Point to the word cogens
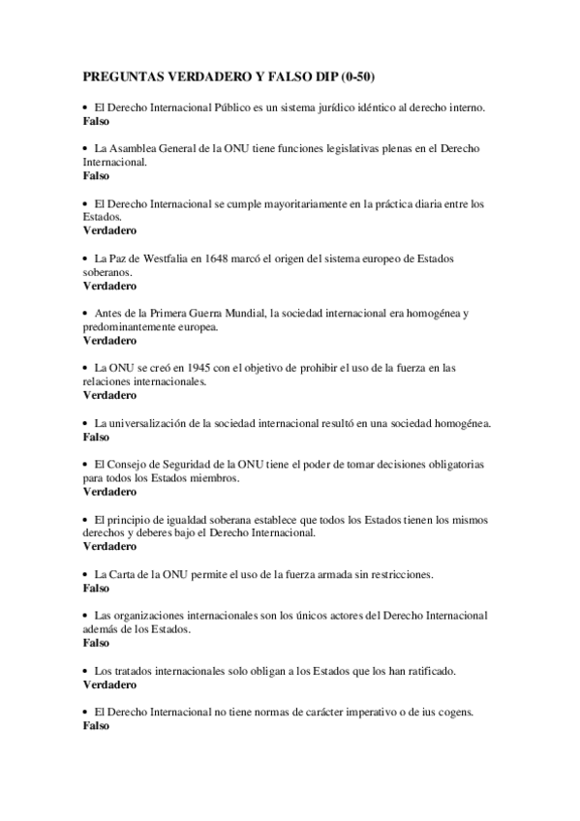point(452,712)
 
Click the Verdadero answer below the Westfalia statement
point(109,287)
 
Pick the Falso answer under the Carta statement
point(96,588)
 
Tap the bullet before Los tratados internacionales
point(86,671)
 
